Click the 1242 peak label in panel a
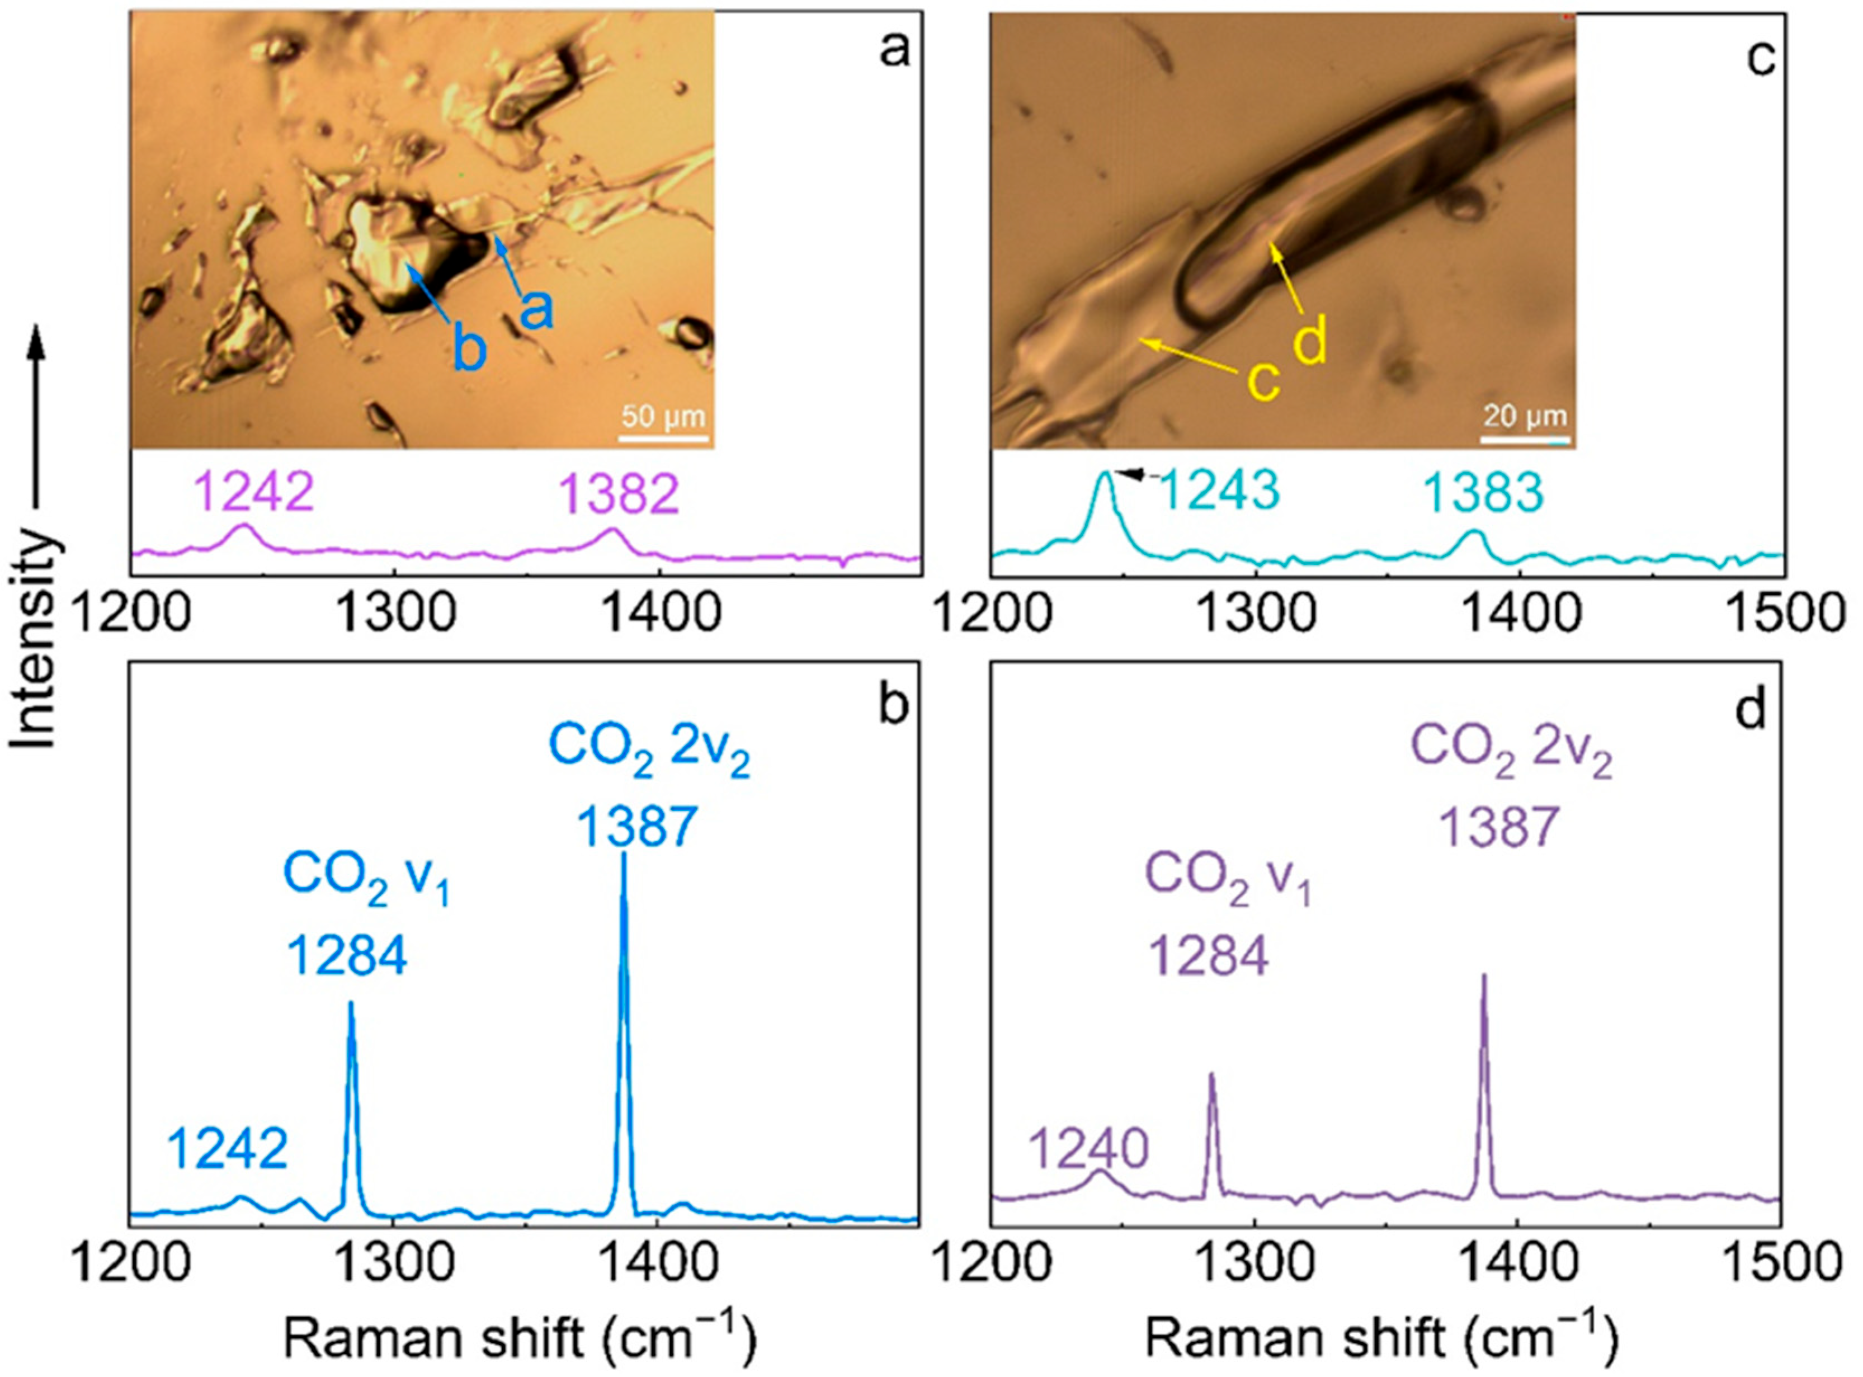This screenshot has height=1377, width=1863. pos(254,493)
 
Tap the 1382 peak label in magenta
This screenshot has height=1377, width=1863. pos(619,495)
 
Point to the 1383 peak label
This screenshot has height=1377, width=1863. pos(1483,493)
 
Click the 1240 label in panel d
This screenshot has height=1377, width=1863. pos(1088,1150)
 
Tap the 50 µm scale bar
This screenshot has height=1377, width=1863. pos(663,437)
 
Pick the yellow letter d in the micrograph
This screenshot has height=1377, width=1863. pos(1311,343)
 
